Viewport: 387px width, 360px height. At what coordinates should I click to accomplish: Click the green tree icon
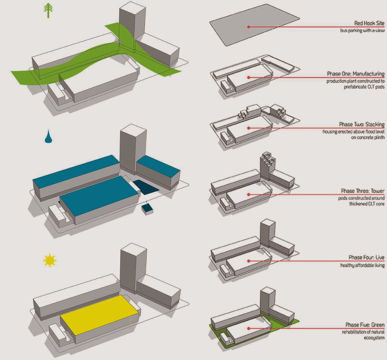tap(48, 11)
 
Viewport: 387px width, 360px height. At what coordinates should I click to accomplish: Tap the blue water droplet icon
tap(48, 136)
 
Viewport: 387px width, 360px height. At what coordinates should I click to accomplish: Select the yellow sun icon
tap(50, 260)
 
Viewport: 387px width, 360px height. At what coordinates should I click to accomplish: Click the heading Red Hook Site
tap(369, 24)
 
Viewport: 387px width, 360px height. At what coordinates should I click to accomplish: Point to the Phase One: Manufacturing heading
tap(356, 74)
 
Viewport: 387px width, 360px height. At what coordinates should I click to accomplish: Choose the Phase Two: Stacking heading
tap(362, 124)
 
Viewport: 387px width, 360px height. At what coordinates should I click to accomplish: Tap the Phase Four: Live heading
tap(367, 257)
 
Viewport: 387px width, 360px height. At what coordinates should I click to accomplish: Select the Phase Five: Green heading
tap(365, 325)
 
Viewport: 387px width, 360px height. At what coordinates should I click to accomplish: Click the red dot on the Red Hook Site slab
tap(249, 27)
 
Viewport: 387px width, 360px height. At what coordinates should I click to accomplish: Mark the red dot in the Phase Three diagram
tap(249, 195)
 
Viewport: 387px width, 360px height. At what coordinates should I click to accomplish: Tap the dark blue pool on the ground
tap(146, 187)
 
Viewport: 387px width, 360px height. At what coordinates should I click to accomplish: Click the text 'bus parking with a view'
tap(362, 31)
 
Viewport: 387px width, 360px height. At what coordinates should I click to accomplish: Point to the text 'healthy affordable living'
tap(362, 265)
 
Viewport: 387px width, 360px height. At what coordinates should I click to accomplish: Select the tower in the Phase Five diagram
tap(268, 302)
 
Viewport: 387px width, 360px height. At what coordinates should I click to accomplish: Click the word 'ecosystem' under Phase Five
tap(374, 338)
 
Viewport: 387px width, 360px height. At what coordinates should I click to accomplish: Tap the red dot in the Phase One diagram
tap(249, 78)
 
